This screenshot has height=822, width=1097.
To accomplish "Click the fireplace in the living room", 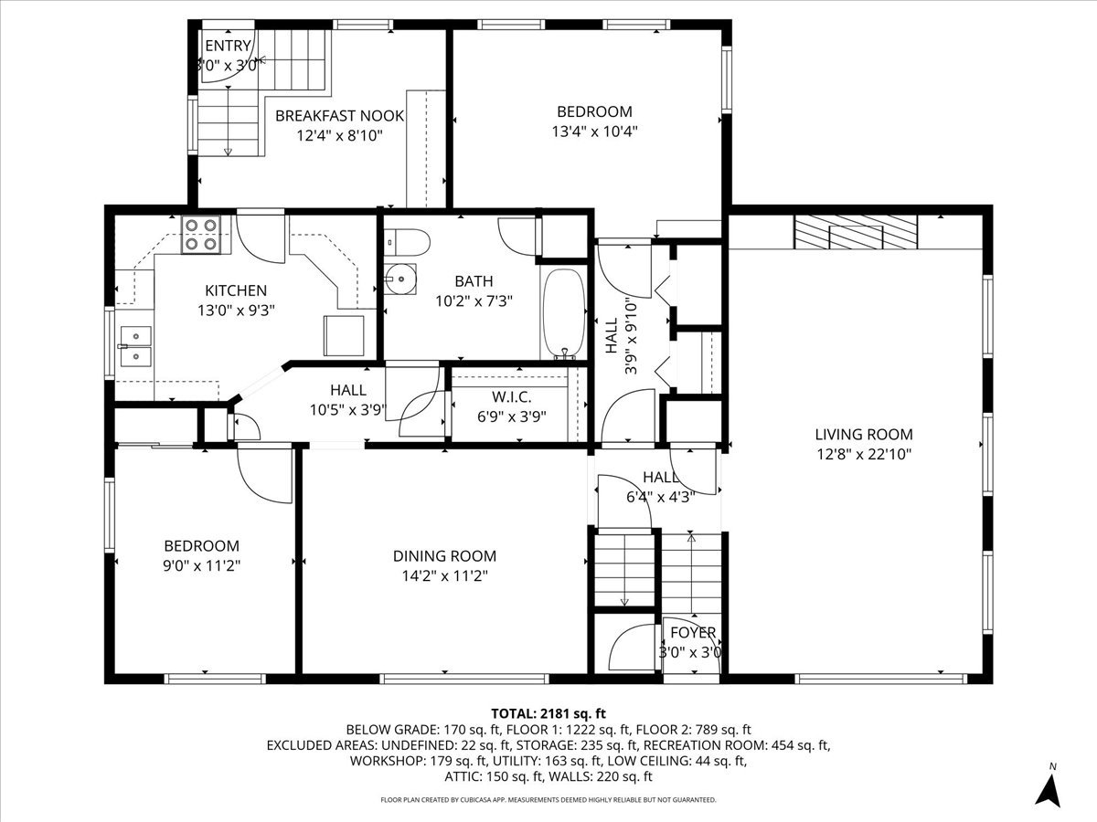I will (854, 233).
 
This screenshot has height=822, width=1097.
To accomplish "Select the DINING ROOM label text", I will (444, 556).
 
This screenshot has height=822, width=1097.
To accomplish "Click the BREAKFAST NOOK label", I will (339, 116).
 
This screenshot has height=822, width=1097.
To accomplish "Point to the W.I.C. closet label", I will (512, 397).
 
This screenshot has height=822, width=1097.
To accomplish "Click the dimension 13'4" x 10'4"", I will (594, 131).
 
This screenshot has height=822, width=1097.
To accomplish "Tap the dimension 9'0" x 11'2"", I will (202, 564).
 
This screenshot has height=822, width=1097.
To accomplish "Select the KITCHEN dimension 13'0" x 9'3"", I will (236, 310).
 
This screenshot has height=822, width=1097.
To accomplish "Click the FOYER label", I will (693, 633).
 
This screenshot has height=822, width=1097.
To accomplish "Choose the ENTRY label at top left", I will (227, 47).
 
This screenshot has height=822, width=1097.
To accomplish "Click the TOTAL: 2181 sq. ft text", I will (548, 712).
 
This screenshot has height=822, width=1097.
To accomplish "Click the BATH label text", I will (474, 280).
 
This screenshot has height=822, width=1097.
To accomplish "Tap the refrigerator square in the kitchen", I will (344, 334).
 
